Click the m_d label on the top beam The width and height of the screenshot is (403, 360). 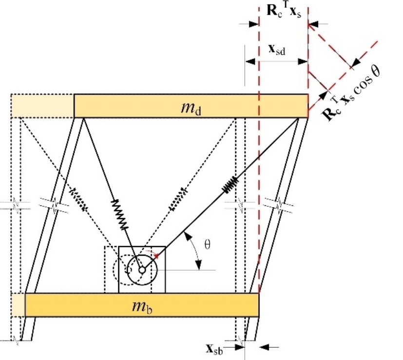coord(191,108)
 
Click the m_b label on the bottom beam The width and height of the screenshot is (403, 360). coord(142,306)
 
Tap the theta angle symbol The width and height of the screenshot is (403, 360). coord(207,244)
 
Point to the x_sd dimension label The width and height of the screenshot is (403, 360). coord(277,50)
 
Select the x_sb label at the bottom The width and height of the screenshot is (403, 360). coord(214,350)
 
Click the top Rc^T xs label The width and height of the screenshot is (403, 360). coord(284,12)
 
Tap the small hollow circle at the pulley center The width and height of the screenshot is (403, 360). coord(142,270)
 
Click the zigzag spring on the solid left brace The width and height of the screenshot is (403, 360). coord(119,214)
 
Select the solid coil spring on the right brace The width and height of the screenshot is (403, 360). coord(230,184)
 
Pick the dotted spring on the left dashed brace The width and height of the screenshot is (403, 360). coord(78,200)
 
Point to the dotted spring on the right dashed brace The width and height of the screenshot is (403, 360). coord(179,199)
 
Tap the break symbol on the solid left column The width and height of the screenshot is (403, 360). coord(54,205)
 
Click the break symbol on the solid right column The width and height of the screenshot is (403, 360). coord(279,205)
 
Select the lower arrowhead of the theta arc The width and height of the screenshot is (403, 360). coord(198,265)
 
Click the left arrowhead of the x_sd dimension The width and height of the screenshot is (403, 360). coord(250,61)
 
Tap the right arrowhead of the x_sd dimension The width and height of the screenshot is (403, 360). coord(303,61)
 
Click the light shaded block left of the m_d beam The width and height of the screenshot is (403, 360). coord(42,106)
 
